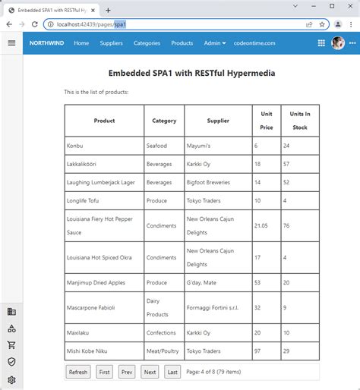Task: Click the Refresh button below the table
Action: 78,372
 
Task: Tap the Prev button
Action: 126,372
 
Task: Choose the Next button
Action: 150,372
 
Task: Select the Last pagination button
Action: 172,372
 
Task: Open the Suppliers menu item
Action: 111,43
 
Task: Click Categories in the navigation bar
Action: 147,43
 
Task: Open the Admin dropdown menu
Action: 215,43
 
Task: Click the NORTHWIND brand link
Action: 47,43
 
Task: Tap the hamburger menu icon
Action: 11,43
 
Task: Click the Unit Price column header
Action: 267,121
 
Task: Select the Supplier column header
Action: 218,121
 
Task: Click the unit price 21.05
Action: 261,225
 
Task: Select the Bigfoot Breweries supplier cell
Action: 208,182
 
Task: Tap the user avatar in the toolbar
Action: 338,43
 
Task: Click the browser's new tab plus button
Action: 108,10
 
